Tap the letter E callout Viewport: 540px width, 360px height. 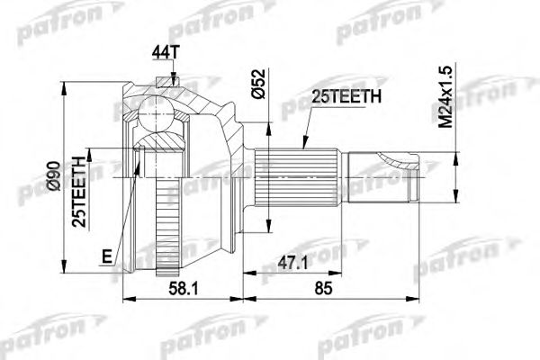click(105, 256)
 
